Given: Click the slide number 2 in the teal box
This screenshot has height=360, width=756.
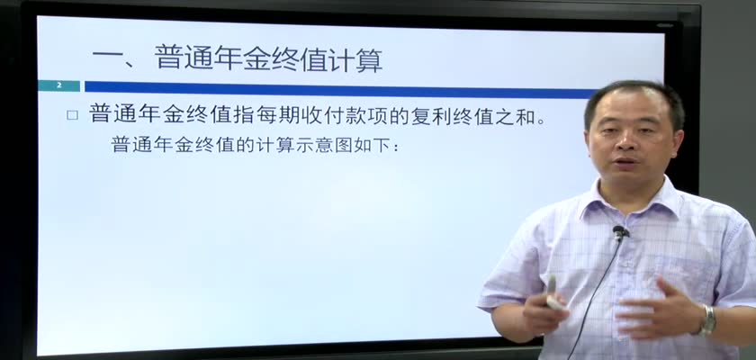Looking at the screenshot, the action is click(x=59, y=85).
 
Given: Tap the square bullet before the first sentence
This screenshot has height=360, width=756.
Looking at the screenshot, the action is click(x=72, y=115).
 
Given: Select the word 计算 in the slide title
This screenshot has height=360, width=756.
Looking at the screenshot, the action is click(x=355, y=59).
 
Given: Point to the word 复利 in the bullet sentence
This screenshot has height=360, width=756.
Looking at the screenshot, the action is click(x=430, y=115).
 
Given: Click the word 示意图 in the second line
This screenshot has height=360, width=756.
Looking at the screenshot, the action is click(x=325, y=144).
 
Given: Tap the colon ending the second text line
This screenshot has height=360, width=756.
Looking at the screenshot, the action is click(x=396, y=147).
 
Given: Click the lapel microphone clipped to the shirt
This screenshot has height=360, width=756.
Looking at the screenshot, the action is click(x=619, y=233).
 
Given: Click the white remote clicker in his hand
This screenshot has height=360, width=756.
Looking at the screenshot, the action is click(x=553, y=294).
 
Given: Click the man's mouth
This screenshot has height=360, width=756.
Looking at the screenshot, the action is click(x=625, y=161).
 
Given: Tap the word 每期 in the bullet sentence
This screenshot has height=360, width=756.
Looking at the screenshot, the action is click(x=276, y=115).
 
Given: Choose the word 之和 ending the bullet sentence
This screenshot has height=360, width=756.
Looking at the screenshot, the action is click(x=516, y=115).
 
